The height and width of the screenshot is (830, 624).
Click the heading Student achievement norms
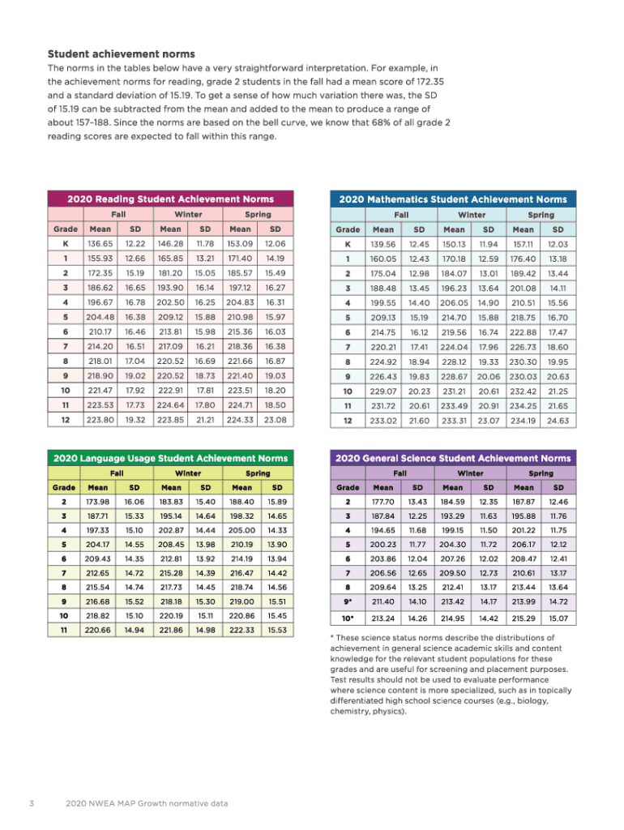click(122, 53)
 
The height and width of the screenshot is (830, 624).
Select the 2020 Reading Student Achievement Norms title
click(170, 198)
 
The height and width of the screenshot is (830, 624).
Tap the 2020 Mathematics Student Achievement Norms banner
click(453, 198)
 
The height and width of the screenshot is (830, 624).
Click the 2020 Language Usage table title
click(170, 458)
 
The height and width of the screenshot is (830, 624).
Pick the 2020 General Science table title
click(453, 458)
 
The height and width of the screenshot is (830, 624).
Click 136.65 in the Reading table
click(100, 244)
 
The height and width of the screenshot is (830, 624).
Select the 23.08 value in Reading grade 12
click(276, 420)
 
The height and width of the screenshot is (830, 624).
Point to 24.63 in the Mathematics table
click(558, 420)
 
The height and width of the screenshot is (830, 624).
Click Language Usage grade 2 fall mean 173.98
click(98, 503)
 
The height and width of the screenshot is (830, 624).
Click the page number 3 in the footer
click(29, 803)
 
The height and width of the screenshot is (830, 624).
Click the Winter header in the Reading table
click(188, 215)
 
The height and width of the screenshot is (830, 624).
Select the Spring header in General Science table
click(541, 473)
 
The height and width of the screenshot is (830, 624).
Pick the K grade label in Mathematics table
click(348, 244)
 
